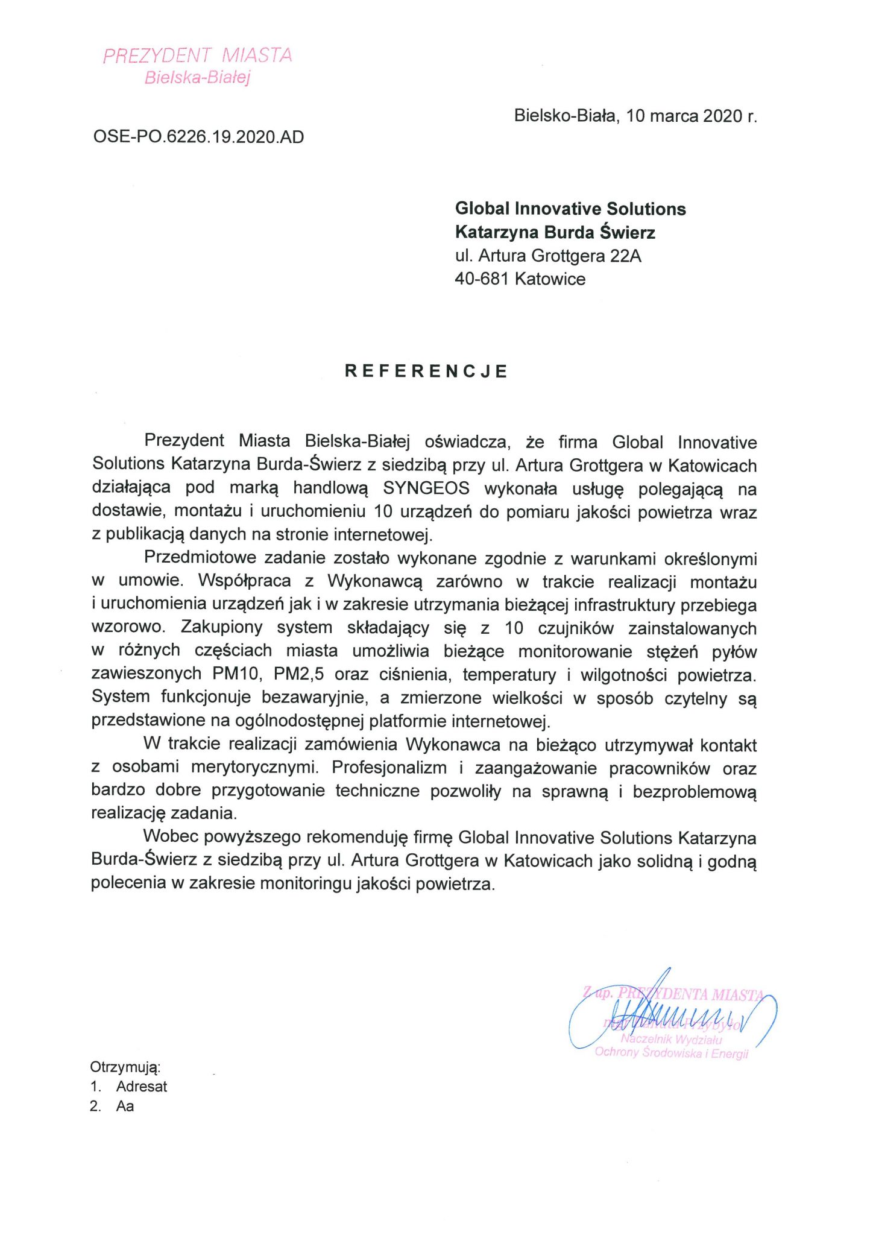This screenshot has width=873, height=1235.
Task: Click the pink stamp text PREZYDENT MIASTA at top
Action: click(x=197, y=55)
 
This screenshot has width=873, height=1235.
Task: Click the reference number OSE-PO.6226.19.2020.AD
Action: click(x=198, y=137)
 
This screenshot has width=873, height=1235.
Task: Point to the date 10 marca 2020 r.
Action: click(x=691, y=116)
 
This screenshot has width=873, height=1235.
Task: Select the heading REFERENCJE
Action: click(x=426, y=371)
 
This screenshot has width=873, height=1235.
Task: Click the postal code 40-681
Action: click(x=481, y=279)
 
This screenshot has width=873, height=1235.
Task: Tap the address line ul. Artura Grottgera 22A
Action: click(x=548, y=256)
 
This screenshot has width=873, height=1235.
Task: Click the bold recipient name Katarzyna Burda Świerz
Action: click(x=555, y=232)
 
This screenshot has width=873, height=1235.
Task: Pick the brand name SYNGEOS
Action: click(x=426, y=488)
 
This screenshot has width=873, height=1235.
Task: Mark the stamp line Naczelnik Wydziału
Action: click(x=671, y=1039)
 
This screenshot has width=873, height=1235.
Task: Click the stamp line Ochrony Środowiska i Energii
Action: click(x=671, y=1053)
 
